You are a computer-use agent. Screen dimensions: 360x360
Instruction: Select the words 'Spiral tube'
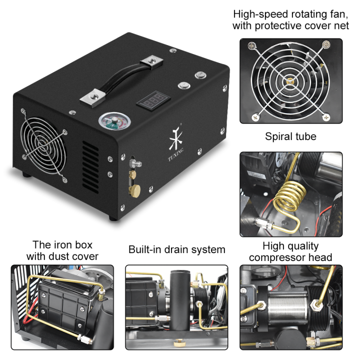[290, 136]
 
